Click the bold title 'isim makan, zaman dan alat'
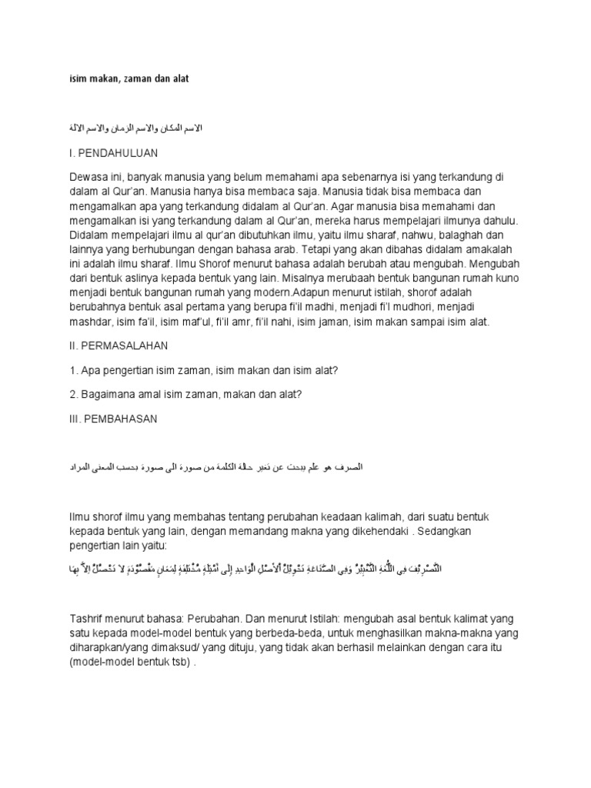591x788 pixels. point(130,78)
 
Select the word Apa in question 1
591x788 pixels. point(91,371)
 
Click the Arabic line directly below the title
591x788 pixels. point(136,126)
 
